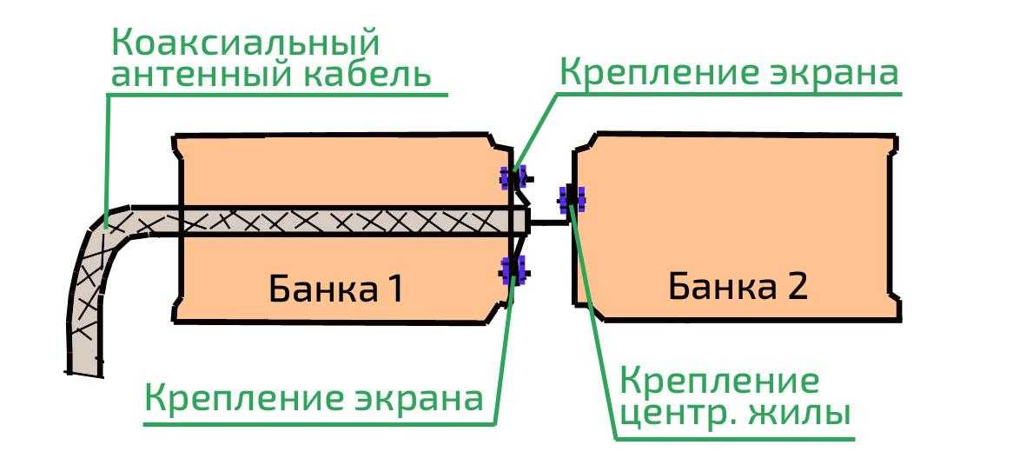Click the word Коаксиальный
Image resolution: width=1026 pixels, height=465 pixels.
pyautogui.click(x=246, y=44)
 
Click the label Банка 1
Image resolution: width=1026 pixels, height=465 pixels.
pyautogui.click(x=336, y=289)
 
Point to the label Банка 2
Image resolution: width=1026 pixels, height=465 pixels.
pyautogui.click(x=738, y=286)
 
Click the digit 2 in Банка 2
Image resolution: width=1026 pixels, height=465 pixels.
pyautogui.click(x=797, y=286)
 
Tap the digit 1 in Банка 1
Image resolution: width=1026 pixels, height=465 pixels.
pyautogui.click(x=394, y=289)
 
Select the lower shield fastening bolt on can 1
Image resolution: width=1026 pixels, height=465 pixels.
pyautogui.click(x=513, y=269)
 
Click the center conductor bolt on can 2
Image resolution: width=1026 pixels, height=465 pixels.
pyautogui.click(x=572, y=197)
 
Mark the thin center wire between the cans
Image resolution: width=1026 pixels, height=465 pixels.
pyautogui.click(x=548, y=223)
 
